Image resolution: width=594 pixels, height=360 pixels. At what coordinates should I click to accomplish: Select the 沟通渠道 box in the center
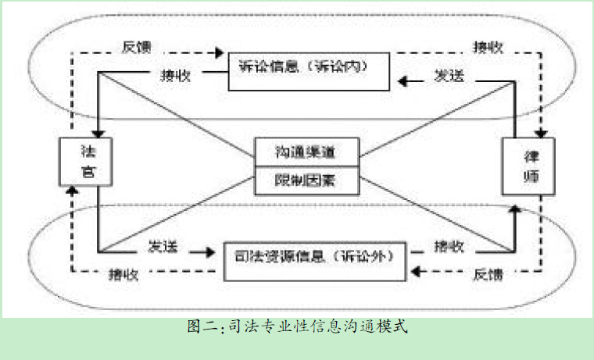click(306, 150)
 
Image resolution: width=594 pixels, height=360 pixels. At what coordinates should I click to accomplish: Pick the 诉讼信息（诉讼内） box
click(310, 68)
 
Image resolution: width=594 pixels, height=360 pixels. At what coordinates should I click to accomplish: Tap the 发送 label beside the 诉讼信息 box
click(450, 77)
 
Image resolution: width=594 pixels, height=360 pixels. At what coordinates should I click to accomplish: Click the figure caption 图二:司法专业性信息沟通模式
click(297, 326)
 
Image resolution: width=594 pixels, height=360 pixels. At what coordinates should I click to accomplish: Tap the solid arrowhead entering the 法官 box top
click(99, 134)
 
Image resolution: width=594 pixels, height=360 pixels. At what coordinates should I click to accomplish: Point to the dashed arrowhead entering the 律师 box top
click(540, 134)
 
